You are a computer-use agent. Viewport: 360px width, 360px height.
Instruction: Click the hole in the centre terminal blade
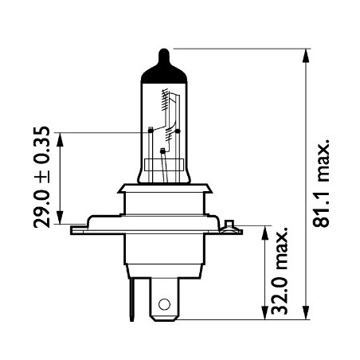tap(164, 303)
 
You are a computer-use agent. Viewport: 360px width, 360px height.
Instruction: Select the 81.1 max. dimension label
tap(322, 186)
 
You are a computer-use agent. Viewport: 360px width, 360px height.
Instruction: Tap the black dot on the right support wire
tap(177, 130)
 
